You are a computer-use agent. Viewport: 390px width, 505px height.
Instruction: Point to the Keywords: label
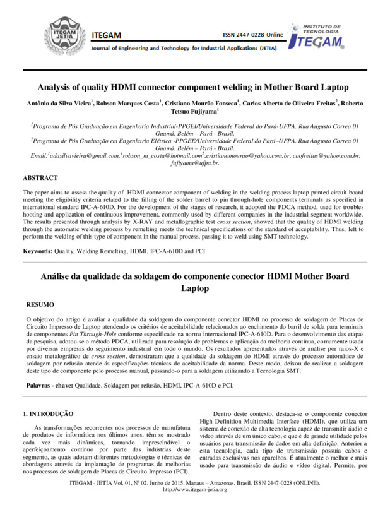[39, 252]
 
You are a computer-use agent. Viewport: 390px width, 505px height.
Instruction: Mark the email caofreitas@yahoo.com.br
[324, 155]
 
